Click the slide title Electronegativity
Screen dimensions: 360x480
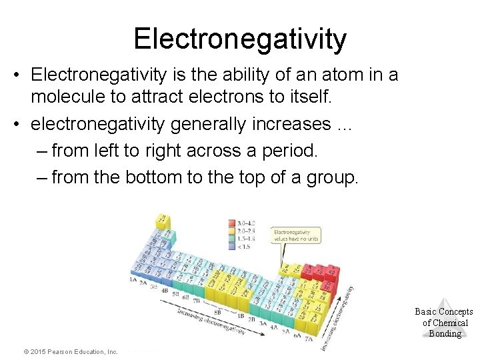tap(240, 39)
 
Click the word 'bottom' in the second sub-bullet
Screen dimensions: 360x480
tap(150, 177)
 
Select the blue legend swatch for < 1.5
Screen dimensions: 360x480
tap(232, 245)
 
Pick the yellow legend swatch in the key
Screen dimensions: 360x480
tap(232, 238)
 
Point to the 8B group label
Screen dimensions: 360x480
tap(217, 311)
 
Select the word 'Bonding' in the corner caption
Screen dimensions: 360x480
tap(445, 334)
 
